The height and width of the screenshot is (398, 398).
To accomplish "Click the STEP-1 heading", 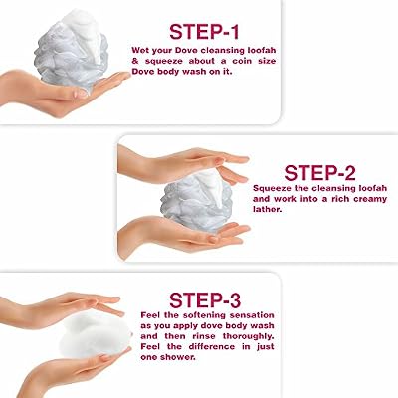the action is [x=204, y=32].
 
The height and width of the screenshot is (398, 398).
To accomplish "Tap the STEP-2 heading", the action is [x=319, y=173].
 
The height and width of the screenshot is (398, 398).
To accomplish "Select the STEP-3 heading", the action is [x=205, y=300].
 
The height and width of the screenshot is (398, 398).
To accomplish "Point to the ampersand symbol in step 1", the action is [x=135, y=61].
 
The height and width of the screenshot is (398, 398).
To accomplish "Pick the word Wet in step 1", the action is [x=140, y=51].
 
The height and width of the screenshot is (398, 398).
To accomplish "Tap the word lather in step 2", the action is [x=267, y=210].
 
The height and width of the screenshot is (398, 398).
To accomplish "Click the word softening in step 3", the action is [x=197, y=315].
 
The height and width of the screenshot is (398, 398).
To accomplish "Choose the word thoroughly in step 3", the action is [x=249, y=336].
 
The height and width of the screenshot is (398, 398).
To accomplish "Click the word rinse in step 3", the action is [x=204, y=336].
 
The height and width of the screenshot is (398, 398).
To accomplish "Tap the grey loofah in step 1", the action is [x=72, y=50].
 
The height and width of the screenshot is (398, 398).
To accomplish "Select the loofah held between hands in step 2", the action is [x=196, y=200].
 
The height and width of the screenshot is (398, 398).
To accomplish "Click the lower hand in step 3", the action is [x=73, y=370].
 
